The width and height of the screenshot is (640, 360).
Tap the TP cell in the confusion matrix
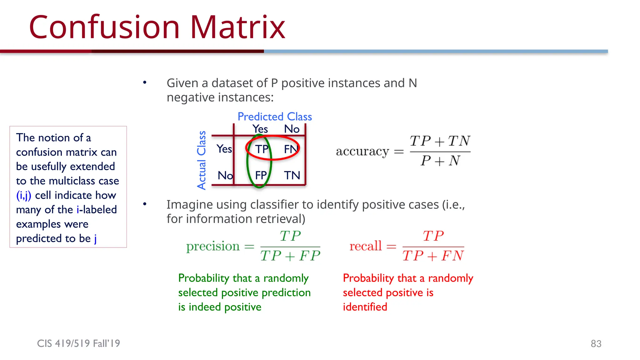pyautogui.click(x=262, y=149)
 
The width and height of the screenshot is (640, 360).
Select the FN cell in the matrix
pyautogui.click(x=291, y=149)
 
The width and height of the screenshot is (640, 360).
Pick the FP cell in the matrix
pyautogui.click(x=261, y=175)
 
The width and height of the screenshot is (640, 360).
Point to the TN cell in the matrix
pyautogui.click(x=292, y=175)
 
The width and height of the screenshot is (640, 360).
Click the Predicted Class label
pyautogui.click(x=274, y=117)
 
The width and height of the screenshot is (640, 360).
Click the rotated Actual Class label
pyautogui.click(x=202, y=160)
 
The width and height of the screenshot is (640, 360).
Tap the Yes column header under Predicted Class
pyautogui.click(x=260, y=129)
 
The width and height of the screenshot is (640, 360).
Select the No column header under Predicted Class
pyautogui.click(x=292, y=129)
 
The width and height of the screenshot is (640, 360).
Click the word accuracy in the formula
pyautogui.click(x=362, y=152)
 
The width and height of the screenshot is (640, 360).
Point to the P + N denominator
pyautogui.click(x=440, y=161)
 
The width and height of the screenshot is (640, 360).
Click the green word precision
pyautogui.click(x=213, y=247)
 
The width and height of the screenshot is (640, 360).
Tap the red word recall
pyautogui.click(x=365, y=246)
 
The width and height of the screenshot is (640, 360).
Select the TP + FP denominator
pyautogui.click(x=290, y=256)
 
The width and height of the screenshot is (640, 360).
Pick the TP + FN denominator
pyautogui.click(x=433, y=256)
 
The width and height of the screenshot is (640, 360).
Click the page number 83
pyautogui.click(x=596, y=344)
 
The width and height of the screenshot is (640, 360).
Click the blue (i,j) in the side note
pyautogui.click(x=24, y=195)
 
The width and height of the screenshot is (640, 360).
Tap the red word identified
pyautogui.click(x=365, y=307)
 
